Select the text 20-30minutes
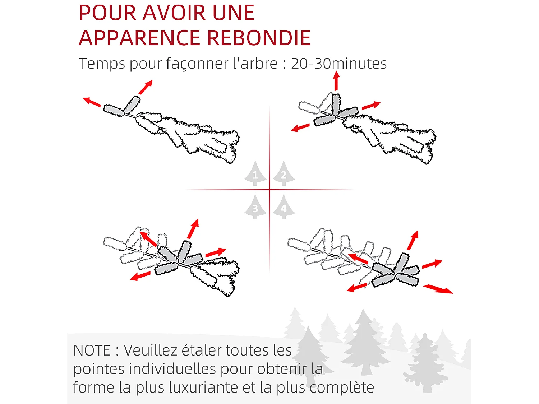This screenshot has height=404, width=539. tap(338, 64)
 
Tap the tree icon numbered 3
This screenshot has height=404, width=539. tap(255, 207)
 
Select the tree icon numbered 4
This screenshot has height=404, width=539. tap(284, 207)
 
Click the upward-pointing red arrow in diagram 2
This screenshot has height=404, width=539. tap(336, 81)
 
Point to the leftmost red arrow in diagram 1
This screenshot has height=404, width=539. tap(92, 102)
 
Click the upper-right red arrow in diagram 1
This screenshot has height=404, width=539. tap(146, 87)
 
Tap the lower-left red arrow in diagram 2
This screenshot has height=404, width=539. tap(300, 127)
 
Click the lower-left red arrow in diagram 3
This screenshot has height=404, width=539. tap(140, 276)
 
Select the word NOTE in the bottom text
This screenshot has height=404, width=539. tap(92, 350)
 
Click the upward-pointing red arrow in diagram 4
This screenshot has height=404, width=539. tap(413, 240)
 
